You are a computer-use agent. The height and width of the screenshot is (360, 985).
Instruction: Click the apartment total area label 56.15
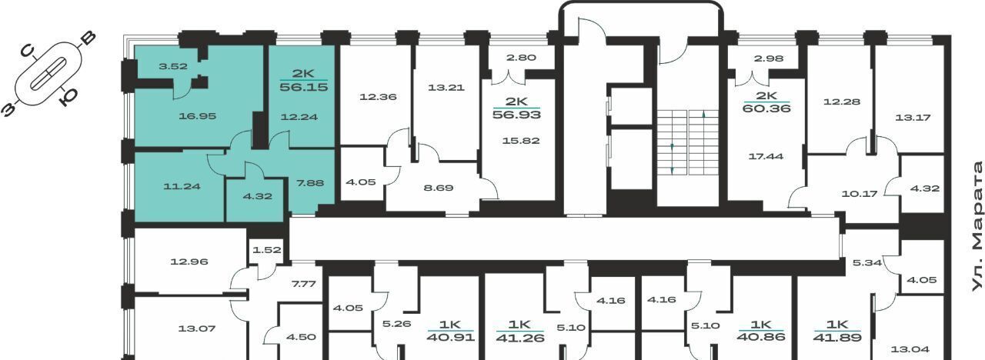pos(304,87)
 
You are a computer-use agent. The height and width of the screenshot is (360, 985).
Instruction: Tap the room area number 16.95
pos(198,116)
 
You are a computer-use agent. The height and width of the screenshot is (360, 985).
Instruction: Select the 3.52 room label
pos(173,66)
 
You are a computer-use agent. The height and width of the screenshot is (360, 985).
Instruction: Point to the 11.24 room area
pos(182,186)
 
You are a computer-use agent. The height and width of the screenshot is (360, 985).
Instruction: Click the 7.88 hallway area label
pos(310,183)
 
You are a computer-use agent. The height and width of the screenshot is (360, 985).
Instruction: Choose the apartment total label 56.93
pos(516,115)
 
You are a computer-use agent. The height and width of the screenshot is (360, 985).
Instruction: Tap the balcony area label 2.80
pos(521,58)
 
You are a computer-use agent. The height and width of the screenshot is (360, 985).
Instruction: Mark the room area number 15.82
pos(521,141)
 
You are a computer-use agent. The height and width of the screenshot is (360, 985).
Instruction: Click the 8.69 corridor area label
pos(439,188)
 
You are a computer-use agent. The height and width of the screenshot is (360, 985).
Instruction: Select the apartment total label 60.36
pos(766,108)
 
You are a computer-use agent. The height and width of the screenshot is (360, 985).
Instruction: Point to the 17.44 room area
pos(766,156)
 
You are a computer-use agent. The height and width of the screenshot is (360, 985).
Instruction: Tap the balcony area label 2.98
pos(769,58)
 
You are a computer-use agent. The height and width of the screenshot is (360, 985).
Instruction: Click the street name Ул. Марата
pos(977,226)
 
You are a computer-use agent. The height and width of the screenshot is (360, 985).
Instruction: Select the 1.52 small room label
pos(266,250)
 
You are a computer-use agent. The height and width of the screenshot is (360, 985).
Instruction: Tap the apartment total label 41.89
pos(837,338)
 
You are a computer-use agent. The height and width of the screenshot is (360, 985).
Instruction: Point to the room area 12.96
pos(189,262)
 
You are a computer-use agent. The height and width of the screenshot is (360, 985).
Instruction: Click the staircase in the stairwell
pos(687,142)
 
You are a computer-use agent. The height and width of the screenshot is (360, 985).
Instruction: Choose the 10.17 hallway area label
pos(860,194)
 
